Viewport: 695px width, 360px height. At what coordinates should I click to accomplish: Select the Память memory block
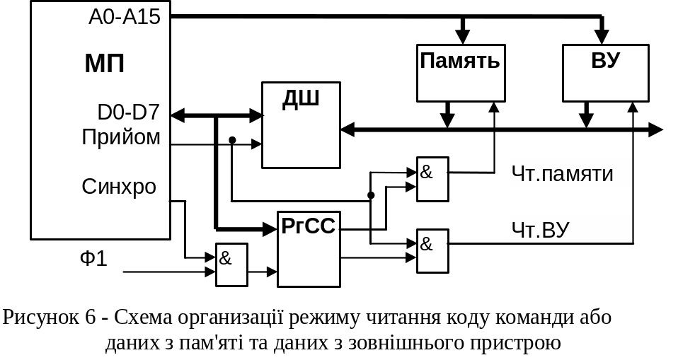pyautogui.click(x=461, y=72)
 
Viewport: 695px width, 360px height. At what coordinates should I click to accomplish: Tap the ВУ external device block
pyautogui.click(x=605, y=72)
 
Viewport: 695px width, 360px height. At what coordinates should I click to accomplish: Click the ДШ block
pyautogui.click(x=301, y=124)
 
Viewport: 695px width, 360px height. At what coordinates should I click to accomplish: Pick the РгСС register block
pyautogui.click(x=309, y=248)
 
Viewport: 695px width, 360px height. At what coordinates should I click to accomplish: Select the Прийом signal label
pyautogui.click(x=122, y=137)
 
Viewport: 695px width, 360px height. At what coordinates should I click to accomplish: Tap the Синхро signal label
pyautogui.click(x=119, y=187)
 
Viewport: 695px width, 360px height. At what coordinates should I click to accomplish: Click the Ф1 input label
pyautogui.click(x=93, y=259)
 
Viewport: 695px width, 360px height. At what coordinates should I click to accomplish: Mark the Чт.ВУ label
pyautogui.click(x=541, y=228)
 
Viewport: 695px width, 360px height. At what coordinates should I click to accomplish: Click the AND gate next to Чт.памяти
pyautogui.click(x=432, y=178)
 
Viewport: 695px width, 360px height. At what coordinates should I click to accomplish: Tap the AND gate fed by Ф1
pyautogui.click(x=231, y=265)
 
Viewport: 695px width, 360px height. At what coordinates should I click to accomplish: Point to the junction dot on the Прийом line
pyautogui.click(x=232, y=140)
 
